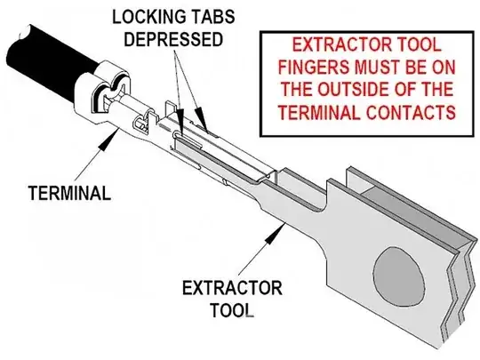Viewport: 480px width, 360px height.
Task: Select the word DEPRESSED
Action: pyautogui.click(x=173, y=39)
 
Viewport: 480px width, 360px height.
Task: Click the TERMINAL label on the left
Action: pyautogui.click(x=69, y=193)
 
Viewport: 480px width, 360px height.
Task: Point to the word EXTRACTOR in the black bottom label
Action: pyautogui.click(x=232, y=288)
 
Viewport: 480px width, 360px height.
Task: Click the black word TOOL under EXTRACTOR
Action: pyautogui.click(x=232, y=310)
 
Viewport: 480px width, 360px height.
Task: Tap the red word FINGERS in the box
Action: pyautogui.click(x=314, y=67)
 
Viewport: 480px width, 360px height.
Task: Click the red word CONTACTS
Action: pyautogui.click(x=412, y=112)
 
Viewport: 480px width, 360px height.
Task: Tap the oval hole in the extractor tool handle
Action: pyautogui.click(x=399, y=277)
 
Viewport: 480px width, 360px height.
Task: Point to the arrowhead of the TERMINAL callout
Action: pyautogui.click(x=109, y=139)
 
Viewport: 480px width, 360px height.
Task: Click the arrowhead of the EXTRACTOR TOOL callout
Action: pyautogui.click(x=275, y=233)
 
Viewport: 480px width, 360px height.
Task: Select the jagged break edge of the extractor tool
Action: pyautogui.click(x=459, y=300)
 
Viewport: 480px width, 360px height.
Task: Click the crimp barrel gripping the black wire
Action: pyautogui.click(x=102, y=92)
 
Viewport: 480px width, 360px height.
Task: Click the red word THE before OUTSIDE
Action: pyautogui.click(x=296, y=89)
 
